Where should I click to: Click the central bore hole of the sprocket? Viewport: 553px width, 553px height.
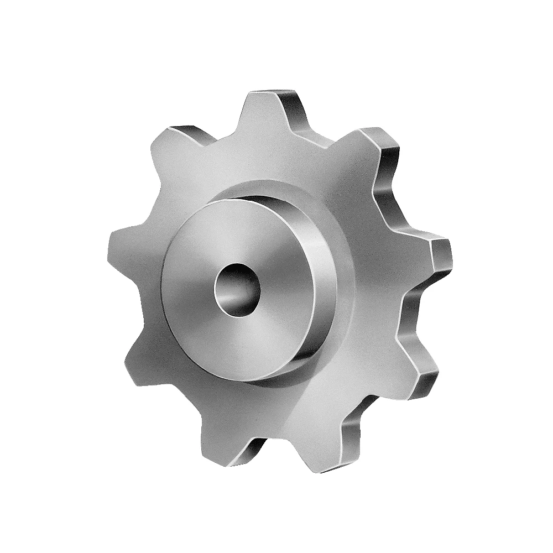[238, 289]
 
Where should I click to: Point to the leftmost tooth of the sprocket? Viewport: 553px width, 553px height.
[124, 243]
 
